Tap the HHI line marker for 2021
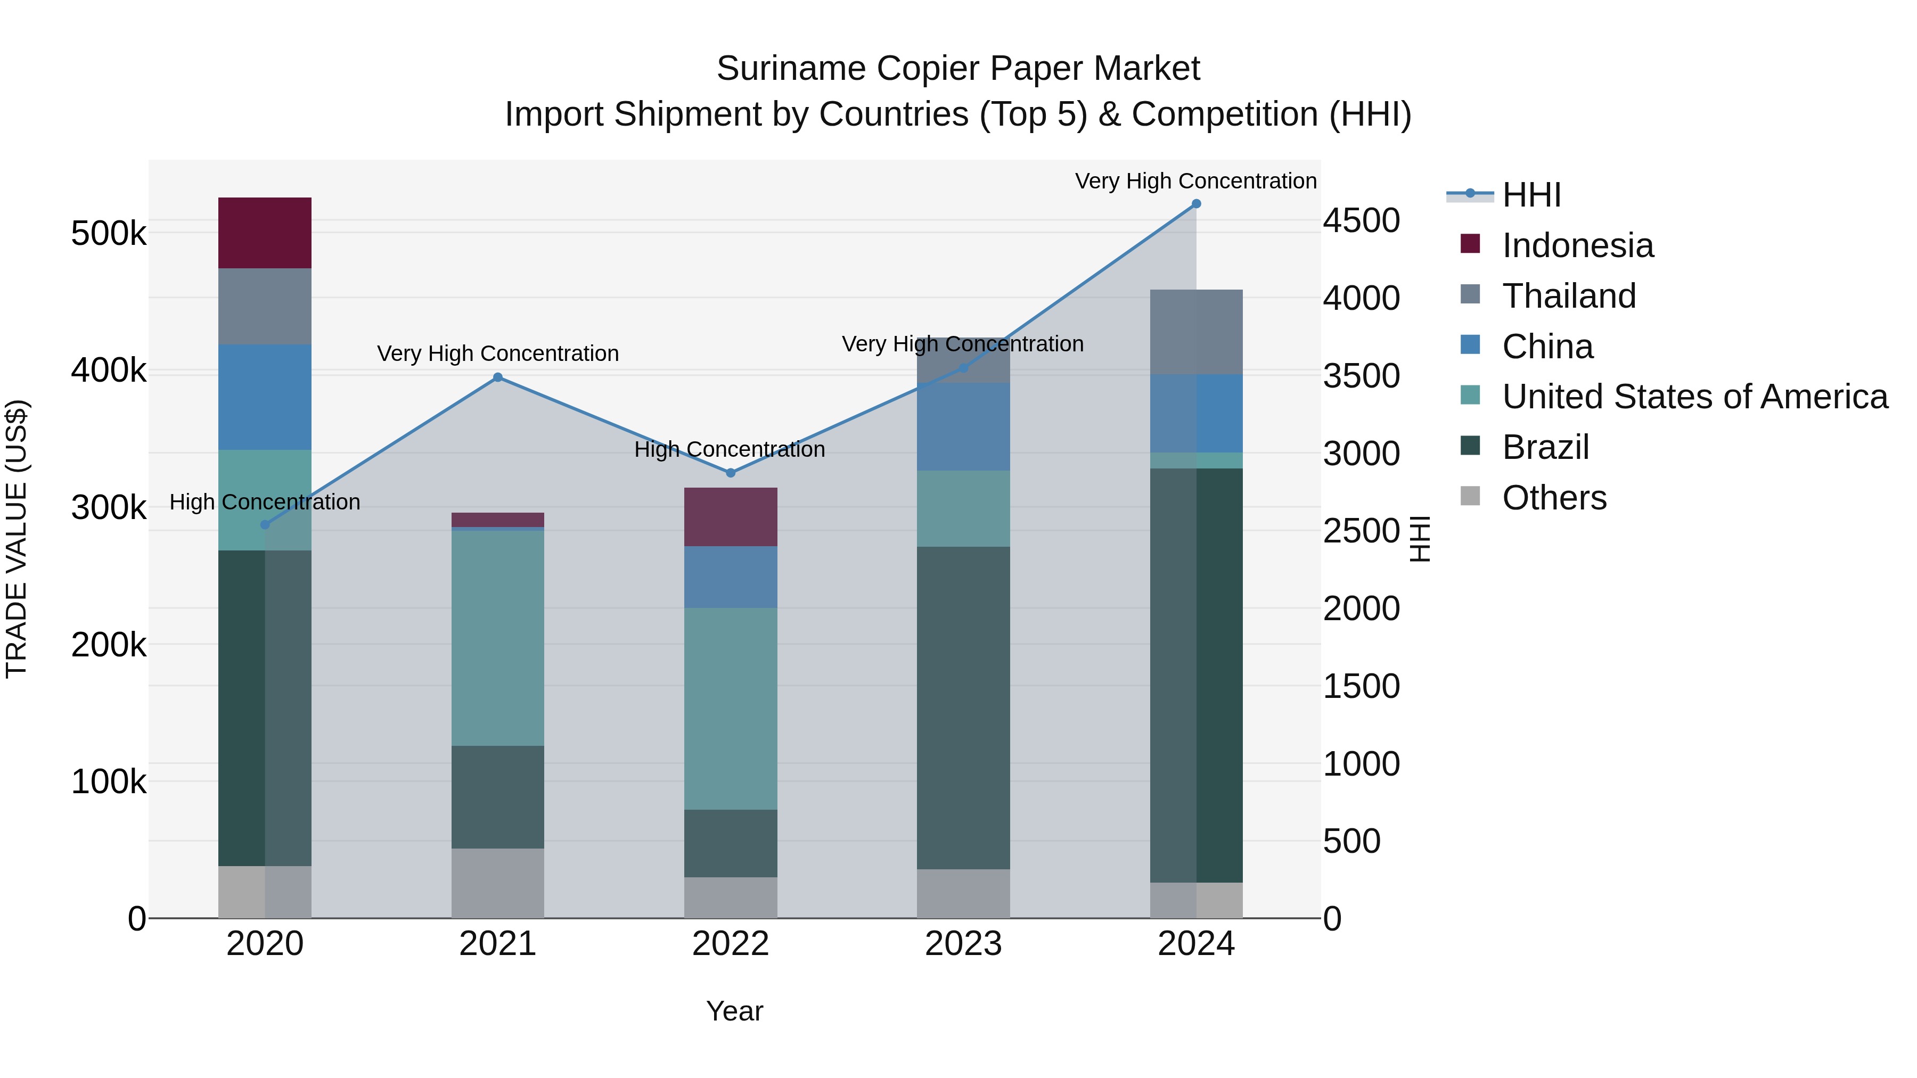tap(498, 377)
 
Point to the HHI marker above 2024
tap(1196, 204)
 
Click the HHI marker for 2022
tap(730, 473)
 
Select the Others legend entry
tap(1554, 498)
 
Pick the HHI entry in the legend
tap(1531, 195)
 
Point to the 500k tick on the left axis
tap(109, 234)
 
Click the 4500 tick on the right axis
tap(1361, 221)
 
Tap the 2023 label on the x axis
tap(963, 944)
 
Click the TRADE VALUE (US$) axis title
tap(17, 539)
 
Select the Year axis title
tap(734, 1011)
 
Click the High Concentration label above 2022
tap(730, 449)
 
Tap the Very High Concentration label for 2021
tap(498, 353)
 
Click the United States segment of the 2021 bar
tap(498, 638)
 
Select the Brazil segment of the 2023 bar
tap(963, 707)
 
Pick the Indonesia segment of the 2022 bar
tap(730, 517)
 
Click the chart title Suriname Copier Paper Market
tap(958, 69)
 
